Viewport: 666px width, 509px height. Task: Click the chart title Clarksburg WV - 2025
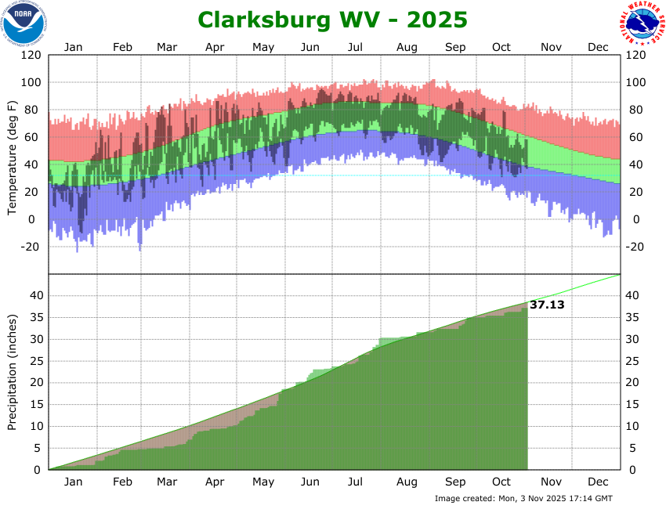tap(332, 19)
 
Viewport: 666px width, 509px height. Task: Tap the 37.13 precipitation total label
tap(547, 305)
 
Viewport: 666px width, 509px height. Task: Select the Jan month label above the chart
tap(73, 47)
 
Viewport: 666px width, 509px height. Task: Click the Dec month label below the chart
tap(599, 483)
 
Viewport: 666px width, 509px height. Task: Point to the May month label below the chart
tap(263, 483)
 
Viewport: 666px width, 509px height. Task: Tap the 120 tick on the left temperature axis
tap(31, 56)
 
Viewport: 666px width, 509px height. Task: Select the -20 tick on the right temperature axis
tap(635, 247)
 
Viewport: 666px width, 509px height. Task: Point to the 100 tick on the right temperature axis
tap(635, 83)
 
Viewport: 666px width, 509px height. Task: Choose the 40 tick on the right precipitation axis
tap(632, 295)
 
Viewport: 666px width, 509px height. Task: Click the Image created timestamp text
tap(523, 499)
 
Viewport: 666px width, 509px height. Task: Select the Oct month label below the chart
tap(501, 483)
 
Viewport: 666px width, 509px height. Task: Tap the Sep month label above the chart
tap(455, 47)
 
